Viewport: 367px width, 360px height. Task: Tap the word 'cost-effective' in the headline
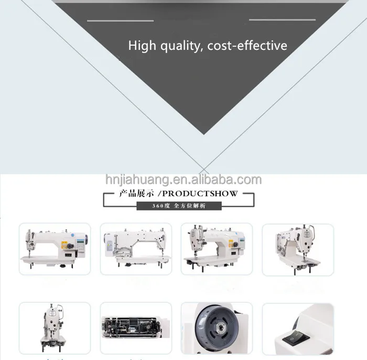tap(247, 46)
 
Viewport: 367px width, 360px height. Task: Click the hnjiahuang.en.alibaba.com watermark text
tap(183, 180)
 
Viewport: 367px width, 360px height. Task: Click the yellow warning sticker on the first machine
tap(65, 243)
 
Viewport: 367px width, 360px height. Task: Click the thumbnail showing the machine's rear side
tap(135, 249)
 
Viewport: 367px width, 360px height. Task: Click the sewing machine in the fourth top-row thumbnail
tap(298, 249)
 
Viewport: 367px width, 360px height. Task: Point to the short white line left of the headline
tap(120, 20)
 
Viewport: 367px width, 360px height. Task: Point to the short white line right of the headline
tap(282, 20)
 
